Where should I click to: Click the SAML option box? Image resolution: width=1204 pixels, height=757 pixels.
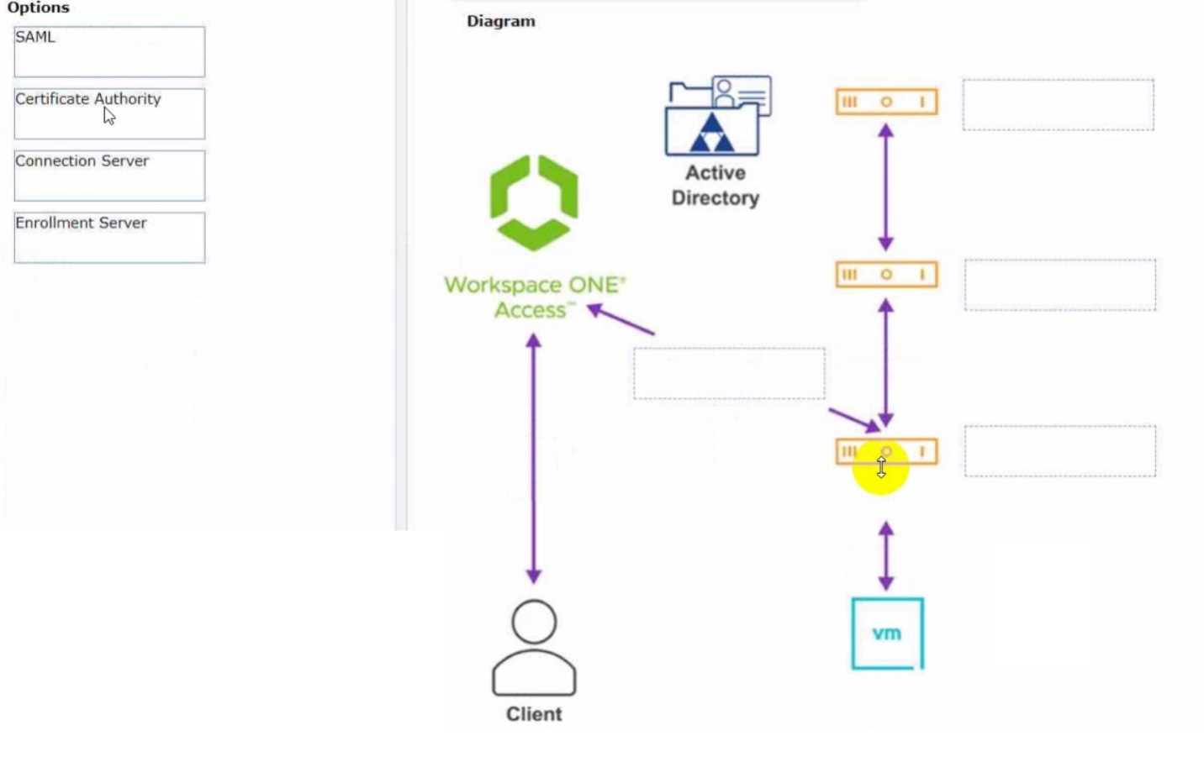click(109, 51)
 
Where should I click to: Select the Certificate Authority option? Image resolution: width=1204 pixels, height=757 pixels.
click(109, 113)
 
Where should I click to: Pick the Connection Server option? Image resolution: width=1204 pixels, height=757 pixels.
click(109, 176)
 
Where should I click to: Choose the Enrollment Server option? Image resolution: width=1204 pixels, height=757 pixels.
click(109, 238)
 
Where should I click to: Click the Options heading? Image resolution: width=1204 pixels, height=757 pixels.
click(38, 8)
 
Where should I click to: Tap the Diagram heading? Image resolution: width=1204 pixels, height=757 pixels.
click(500, 21)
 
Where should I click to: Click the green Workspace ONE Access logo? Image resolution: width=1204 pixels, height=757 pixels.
click(534, 202)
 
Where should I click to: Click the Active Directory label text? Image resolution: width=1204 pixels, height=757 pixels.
click(715, 185)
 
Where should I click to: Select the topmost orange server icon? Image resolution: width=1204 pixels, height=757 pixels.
click(886, 102)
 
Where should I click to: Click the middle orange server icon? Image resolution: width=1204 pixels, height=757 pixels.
click(886, 275)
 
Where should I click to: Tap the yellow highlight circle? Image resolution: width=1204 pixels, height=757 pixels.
click(880, 467)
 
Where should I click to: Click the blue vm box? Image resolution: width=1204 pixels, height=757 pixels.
click(887, 633)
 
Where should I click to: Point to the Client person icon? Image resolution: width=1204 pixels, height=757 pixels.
click(534, 648)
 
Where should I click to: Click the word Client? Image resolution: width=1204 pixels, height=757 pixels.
click(534, 714)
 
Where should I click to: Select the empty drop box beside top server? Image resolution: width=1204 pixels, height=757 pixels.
click(1058, 105)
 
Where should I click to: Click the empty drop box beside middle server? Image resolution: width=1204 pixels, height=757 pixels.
click(1059, 285)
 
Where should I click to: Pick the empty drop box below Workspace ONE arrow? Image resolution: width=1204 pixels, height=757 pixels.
click(729, 374)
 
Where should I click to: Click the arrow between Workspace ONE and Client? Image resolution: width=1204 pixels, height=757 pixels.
click(533, 458)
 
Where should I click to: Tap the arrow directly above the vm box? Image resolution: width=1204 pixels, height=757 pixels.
click(886, 555)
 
